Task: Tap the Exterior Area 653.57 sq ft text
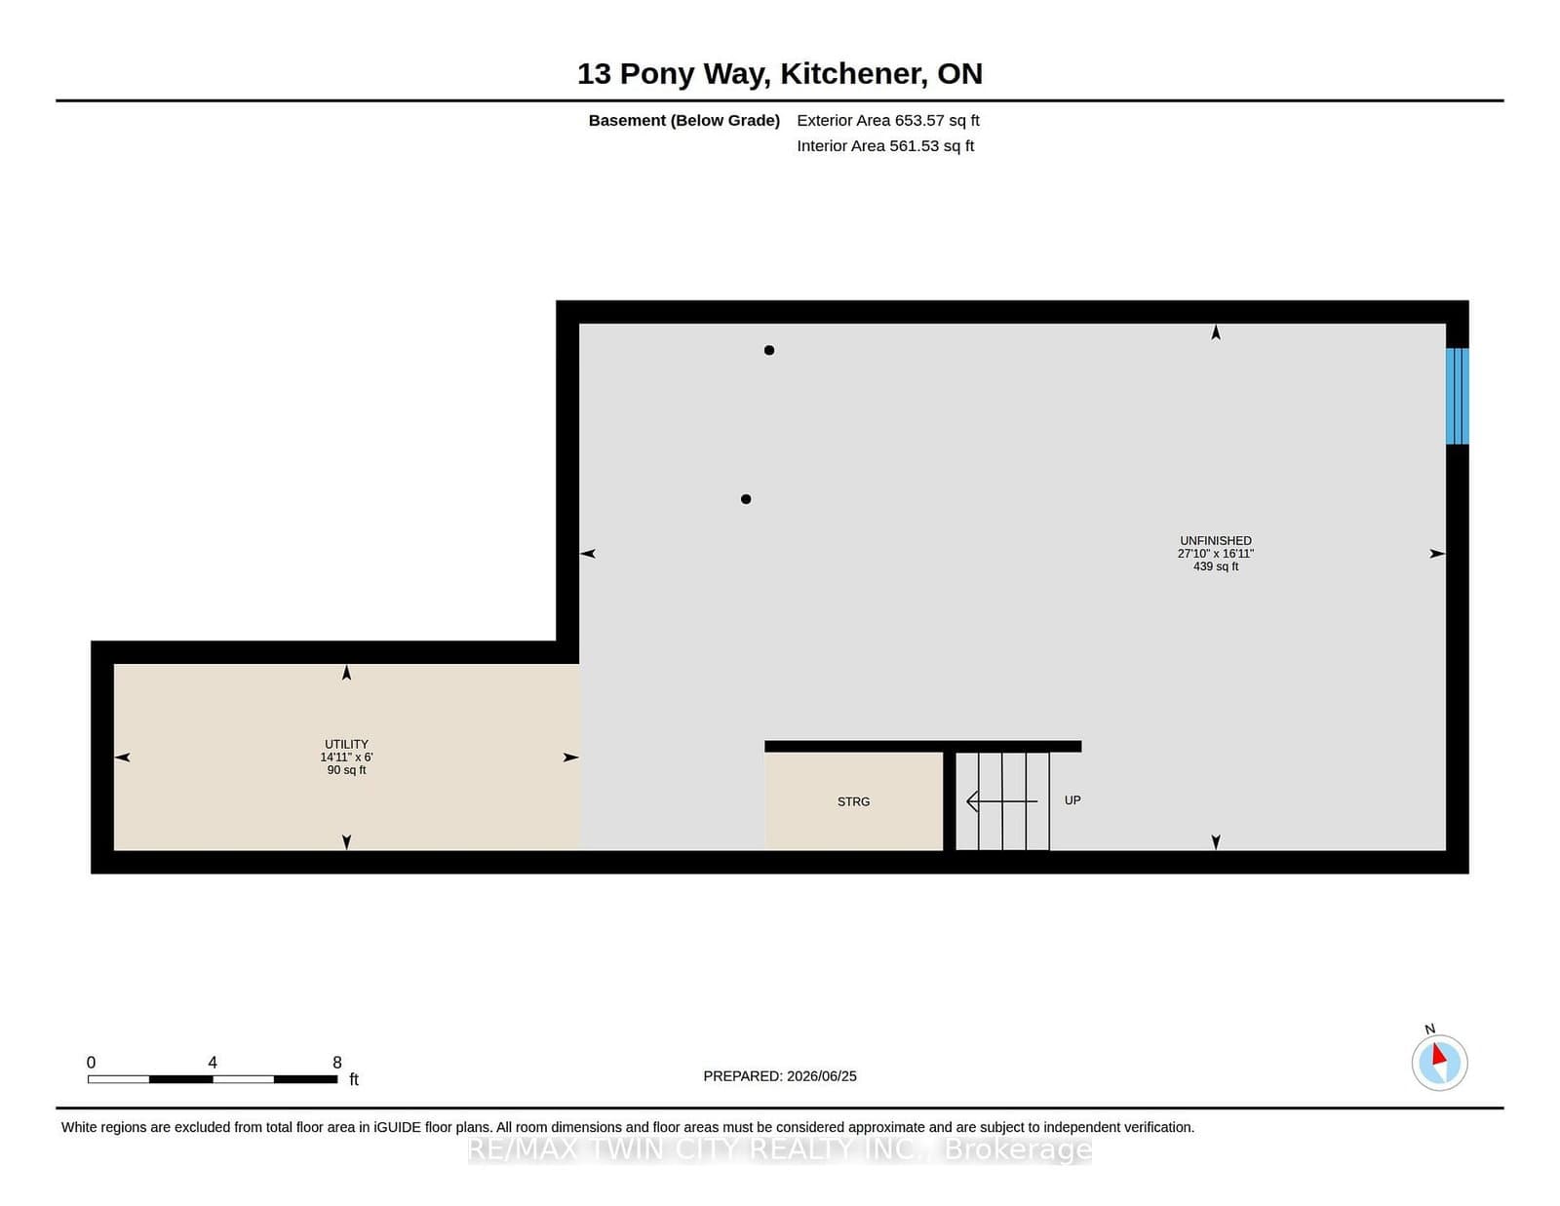[x=888, y=121]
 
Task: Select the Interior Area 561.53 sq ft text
[x=885, y=145]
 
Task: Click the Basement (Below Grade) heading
[x=684, y=121]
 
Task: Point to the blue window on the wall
[x=1458, y=396]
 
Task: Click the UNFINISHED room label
[x=1216, y=540]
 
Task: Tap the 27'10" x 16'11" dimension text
[x=1216, y=554]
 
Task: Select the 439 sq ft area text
[x=1216, y=566]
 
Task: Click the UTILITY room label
[x=346, y=745]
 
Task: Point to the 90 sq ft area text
[x=346, y=770]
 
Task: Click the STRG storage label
[x=853, y=801]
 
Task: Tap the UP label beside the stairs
[x=1072, y=800]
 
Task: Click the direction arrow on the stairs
[x=1002, y=801]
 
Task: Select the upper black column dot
[x=769, y=350]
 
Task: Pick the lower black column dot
[x=746, y=499]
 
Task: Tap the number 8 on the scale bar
[x=336, y=1063]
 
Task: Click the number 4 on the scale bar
[x=213, y=1063]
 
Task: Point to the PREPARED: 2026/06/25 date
[x=780, y=1076]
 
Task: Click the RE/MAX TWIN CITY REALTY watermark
[x=780, y=1149]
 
